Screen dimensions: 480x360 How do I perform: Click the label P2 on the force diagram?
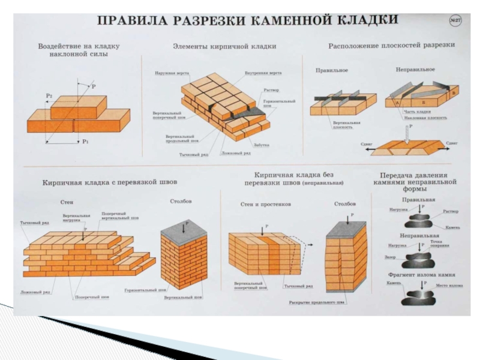[49, 94]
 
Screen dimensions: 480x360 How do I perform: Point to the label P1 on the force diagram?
[86, 142]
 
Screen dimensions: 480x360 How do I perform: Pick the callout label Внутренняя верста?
[263, 73]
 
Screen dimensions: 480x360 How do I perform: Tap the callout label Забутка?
[262, 145]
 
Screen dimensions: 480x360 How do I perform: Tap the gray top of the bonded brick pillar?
[183, 229]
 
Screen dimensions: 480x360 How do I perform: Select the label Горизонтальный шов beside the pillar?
[140, 290]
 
